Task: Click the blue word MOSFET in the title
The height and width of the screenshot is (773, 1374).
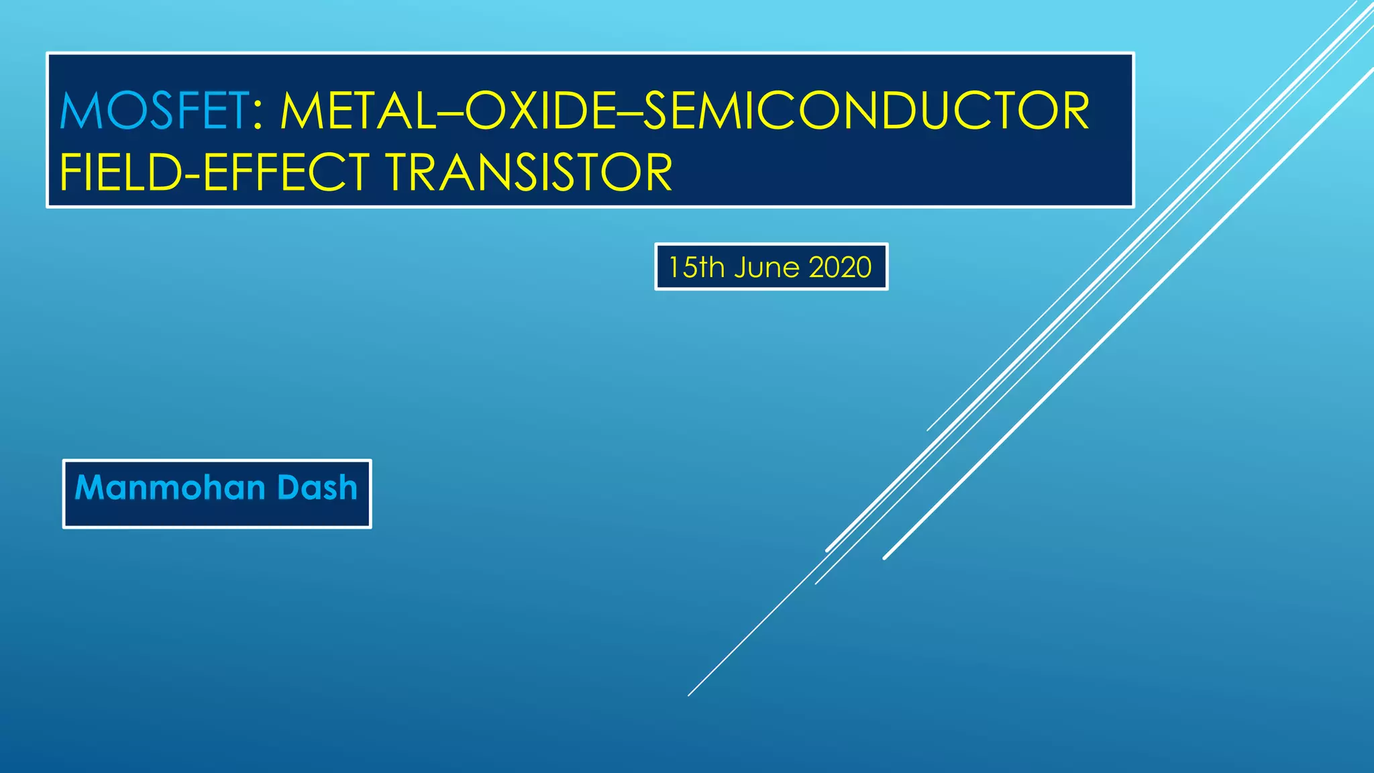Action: (154, 111)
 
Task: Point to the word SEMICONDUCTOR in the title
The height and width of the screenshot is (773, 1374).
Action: (865, 111)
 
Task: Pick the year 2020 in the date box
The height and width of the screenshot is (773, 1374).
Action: (840, 268)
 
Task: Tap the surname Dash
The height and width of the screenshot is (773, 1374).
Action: (317, 488)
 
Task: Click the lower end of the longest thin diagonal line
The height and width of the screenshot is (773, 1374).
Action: (690, 694)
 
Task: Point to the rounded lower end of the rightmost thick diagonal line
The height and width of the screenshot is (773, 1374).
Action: (886, 557)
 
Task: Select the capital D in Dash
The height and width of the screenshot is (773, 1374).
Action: (288, 488)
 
